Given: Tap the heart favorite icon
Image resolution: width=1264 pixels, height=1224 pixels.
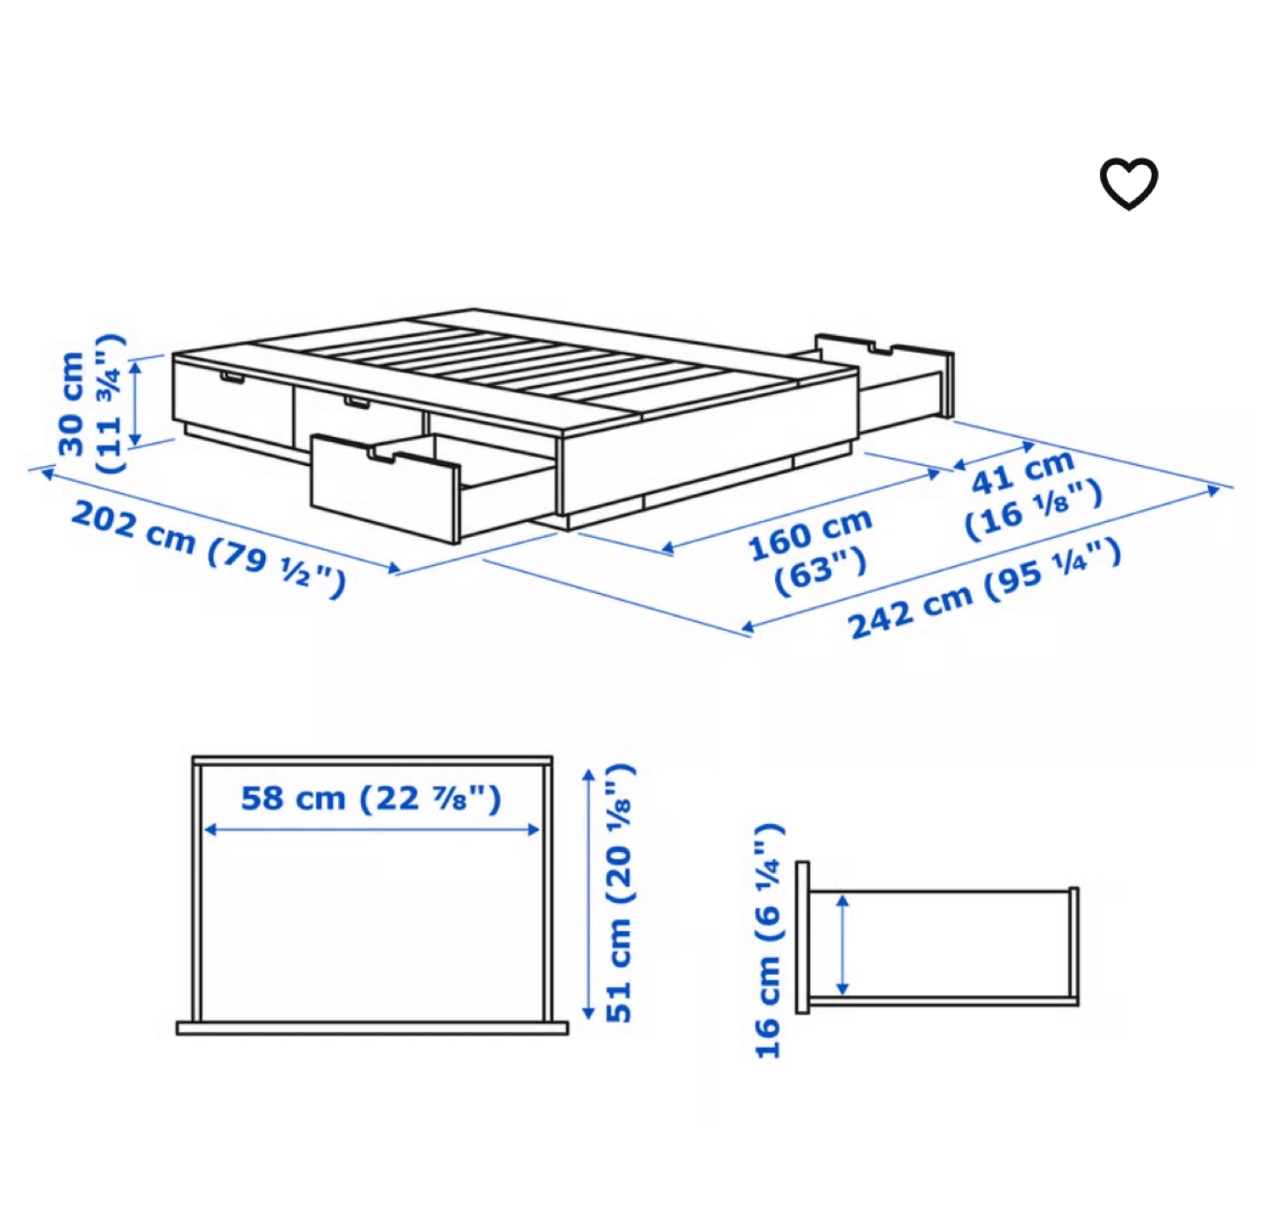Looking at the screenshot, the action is coord(1128,183).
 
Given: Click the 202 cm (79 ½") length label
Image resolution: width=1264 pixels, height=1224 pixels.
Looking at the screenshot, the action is coord(207,548).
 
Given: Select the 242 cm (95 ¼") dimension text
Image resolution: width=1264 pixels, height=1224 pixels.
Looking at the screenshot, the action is coord(985,589).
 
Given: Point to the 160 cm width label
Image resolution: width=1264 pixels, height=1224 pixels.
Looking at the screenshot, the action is coord(809,551).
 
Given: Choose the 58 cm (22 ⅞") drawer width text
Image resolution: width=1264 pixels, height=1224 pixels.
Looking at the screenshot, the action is coord(371,798).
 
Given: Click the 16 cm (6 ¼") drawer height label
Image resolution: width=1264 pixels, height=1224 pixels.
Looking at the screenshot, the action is coord(769,941).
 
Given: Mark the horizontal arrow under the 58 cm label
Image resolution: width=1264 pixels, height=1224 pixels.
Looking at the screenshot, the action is coord(371,830).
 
